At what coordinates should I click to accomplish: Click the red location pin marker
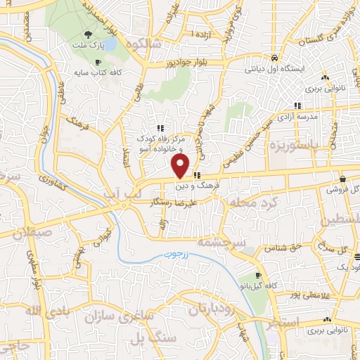(181, 166)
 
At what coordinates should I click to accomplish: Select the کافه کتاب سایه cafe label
(101, 72)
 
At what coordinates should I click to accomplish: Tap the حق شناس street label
(283, 247)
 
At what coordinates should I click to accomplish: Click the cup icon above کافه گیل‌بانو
(259, 275)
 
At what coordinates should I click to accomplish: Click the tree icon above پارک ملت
(87, 34)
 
